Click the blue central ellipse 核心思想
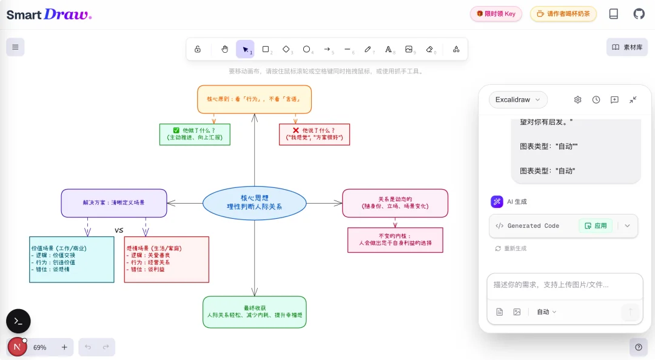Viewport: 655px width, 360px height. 254,202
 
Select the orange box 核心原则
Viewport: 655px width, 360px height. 254,99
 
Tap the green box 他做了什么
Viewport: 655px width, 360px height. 195,134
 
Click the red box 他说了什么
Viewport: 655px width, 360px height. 314,134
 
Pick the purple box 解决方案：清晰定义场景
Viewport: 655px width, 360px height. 114,202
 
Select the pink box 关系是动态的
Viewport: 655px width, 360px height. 395,202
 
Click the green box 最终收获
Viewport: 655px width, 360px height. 254,312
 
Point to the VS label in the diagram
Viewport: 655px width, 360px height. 119,230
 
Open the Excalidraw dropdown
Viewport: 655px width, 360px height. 517,99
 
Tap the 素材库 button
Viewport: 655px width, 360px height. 627,47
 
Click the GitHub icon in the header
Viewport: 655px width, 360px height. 639,14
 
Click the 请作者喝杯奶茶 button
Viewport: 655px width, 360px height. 563,14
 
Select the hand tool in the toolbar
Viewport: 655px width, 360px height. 224,49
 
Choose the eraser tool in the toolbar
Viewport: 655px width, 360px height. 430,49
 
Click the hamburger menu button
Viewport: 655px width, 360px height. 15,47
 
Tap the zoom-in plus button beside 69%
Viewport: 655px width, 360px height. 64,347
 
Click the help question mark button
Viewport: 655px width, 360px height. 638,347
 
